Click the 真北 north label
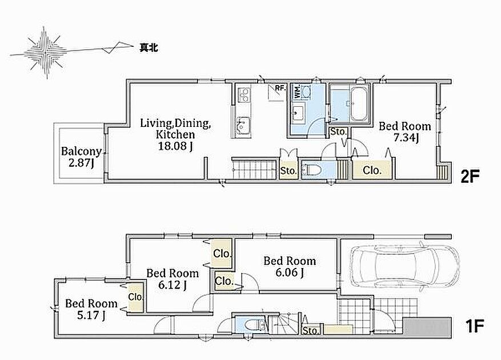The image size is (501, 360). pyautogui.click(x=149, y=48)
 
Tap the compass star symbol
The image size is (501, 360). pyautogui.click(x=45, y=52)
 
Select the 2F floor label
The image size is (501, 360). pyautogui.click(x=470, y=176)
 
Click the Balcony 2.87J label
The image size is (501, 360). pyautogui.click(x=81, y=157)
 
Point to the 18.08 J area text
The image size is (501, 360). pyautogui.click(x=175, y=146)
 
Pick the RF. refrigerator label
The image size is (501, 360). pyautogui.click(x=280, y=87)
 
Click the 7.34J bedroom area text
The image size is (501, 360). pyautogui.click(x=406, y=138)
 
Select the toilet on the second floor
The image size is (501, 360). pyautogui.click(x=311, y=170)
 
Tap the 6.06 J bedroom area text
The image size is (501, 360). pyautogui.click(x=290, y=273)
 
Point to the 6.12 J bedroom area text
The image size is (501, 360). pyautogui.click(x=173, y=284)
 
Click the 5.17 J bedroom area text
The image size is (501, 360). pyautogui.click(x=91, y=315)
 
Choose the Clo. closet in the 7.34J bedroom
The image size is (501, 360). pyautogui.click(x=372, y=170)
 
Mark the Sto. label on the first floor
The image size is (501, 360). pyautogui.click(x=310, y=331)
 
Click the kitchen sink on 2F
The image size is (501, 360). pyautogui.click(x=243, y=125)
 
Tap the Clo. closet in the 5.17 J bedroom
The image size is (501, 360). pyautogui.click(x=135, y=297)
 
